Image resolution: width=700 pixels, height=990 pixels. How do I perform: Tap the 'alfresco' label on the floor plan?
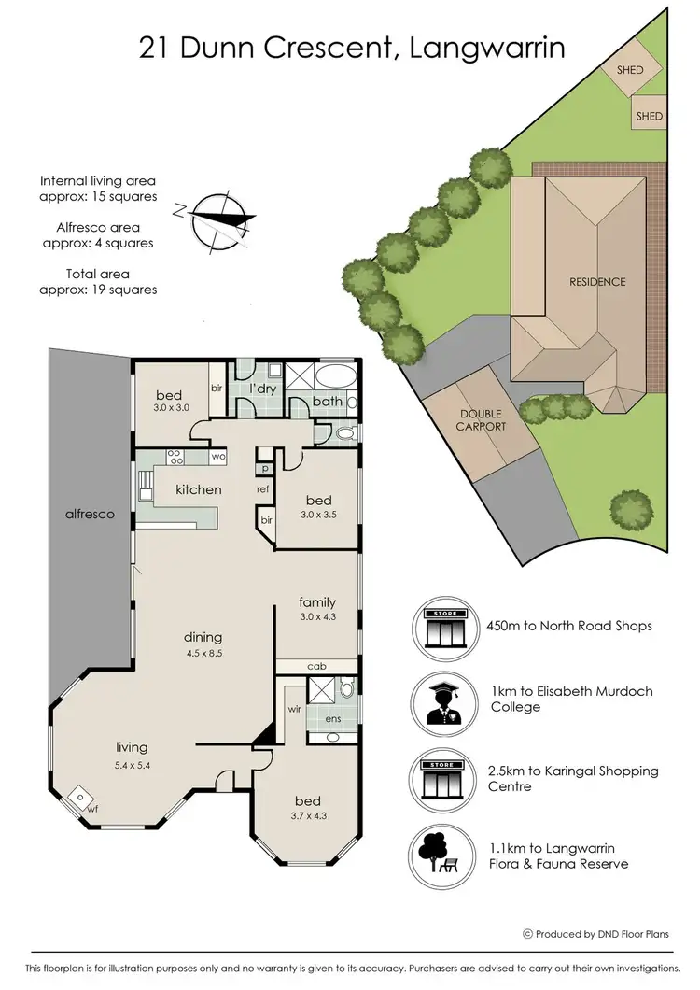point(90,514)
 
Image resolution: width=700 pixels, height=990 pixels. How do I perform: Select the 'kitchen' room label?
point(199,489)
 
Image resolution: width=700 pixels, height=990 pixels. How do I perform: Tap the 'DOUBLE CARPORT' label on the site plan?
point(480,420)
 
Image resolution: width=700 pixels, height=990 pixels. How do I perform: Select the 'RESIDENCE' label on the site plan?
point(598,281)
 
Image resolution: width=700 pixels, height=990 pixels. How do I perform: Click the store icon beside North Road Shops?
point(443,625)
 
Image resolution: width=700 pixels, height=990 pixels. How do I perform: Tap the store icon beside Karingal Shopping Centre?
point(443,778)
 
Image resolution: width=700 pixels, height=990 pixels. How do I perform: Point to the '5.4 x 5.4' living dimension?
point(133,766)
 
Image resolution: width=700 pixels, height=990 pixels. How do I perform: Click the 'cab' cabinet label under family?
point(316,666)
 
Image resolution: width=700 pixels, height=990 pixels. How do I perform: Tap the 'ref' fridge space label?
point(264,488)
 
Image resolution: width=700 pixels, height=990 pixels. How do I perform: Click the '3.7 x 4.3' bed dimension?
point(308,818)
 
